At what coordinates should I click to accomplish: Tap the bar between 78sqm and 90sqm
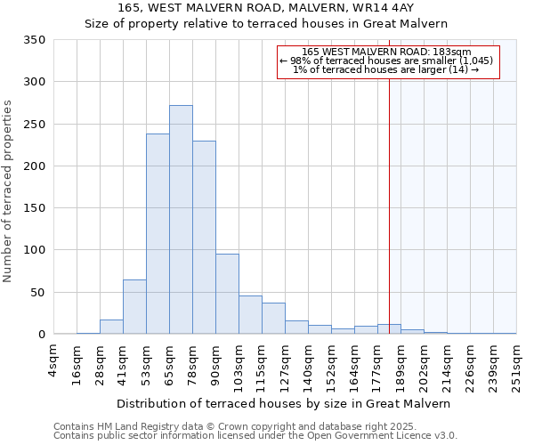click(x=204, y=238)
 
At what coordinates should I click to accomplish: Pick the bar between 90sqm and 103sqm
click(x=227, y=295)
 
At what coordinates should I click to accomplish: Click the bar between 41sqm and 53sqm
click(x=134, y=307)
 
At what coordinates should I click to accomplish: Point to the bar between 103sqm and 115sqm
click(x=250, y=315)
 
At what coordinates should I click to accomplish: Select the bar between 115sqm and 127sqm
click(x=273, y=319)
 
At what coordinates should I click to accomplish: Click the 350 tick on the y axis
click(x=35, y=40)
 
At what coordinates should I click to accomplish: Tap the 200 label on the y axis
click(x=35, y=166)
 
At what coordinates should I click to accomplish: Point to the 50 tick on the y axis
click(x=38, y=293)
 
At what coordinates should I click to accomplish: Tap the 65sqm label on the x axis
click(x=169, y=360)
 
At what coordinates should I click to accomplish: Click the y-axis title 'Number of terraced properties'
click(x=8, y=191)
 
